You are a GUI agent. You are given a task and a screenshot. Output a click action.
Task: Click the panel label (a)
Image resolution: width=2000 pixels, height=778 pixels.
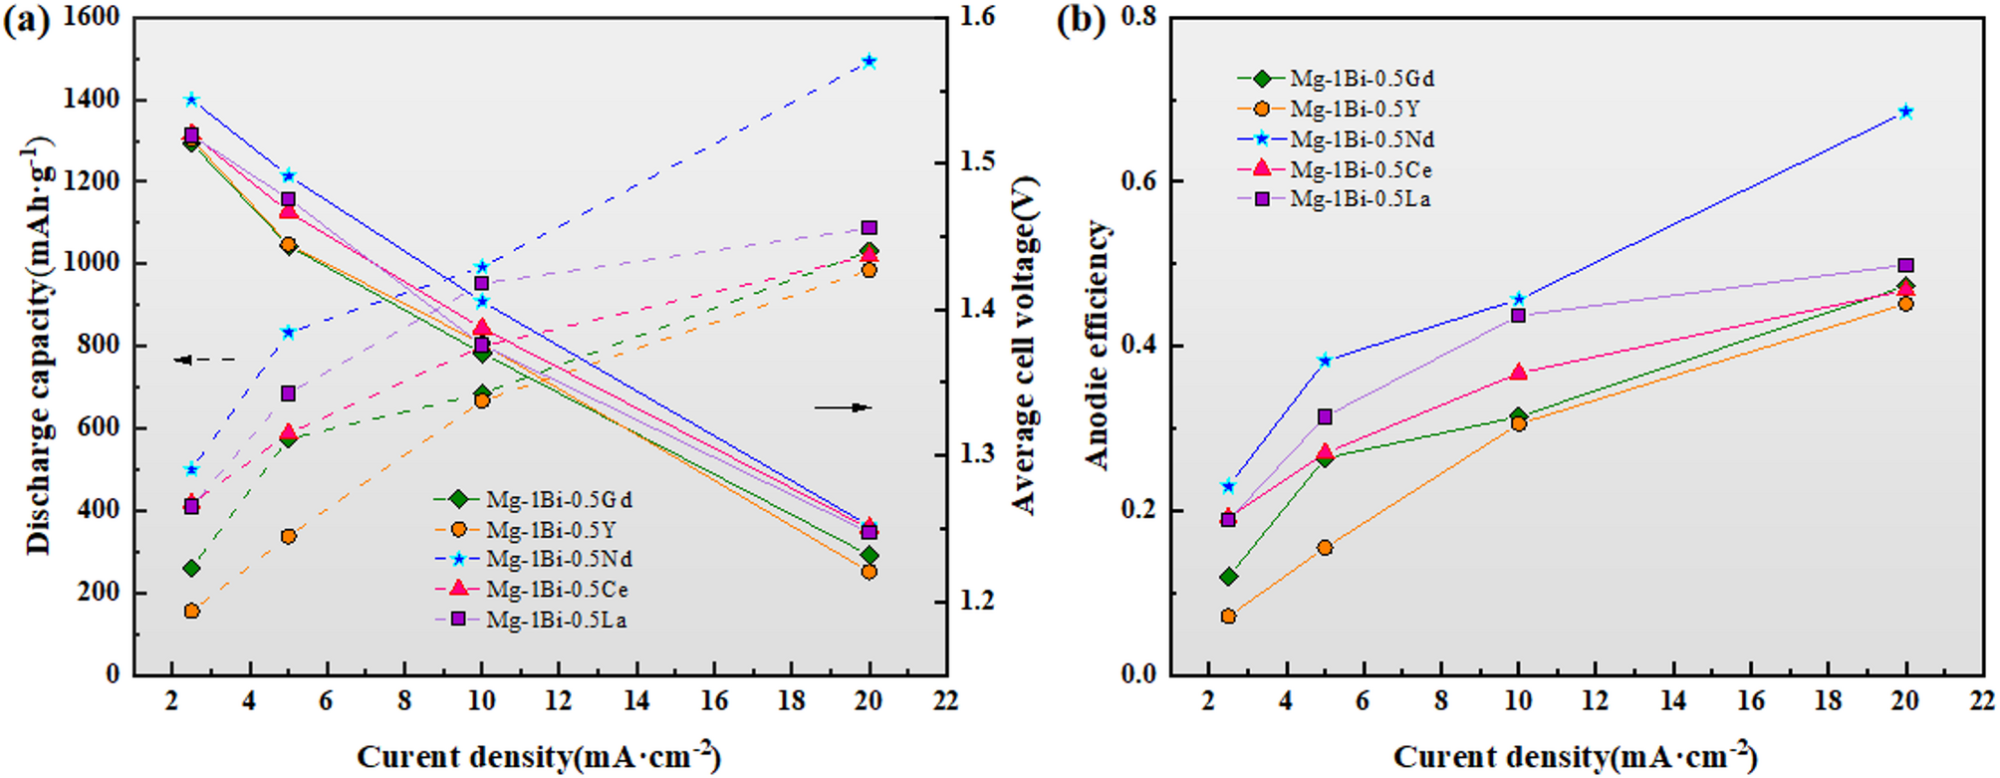(x=26, y=20)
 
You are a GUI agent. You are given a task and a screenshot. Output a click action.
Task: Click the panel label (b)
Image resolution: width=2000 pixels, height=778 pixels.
(x=1081, y=20)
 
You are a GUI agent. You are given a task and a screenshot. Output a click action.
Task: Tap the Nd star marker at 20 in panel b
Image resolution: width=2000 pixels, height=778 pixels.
(x=1904, y=112)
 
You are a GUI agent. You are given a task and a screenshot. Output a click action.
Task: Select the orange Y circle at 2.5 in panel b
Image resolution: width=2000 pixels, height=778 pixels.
(x=1228, y=617)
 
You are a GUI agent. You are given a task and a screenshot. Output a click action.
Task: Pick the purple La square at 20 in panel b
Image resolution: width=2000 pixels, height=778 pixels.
(x=1904, y=266)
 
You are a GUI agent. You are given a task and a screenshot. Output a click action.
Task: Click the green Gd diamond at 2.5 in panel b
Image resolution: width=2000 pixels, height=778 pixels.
(x=1228, y=577)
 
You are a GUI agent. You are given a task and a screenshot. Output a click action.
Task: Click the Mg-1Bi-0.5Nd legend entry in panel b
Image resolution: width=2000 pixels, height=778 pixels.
(x=1362, y=139)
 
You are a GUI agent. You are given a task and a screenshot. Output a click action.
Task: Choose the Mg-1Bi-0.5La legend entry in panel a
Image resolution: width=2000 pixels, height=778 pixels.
(x=556, y=620)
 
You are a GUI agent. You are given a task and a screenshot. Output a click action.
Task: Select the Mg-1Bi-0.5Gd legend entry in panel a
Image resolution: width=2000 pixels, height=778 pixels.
(x=559, y=499)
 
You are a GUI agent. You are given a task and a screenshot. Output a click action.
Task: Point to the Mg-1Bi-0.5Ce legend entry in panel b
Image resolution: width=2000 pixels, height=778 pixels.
(x=1361, y=169)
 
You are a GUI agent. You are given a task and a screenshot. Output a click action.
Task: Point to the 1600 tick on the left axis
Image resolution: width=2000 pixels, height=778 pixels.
(x=91, y=17)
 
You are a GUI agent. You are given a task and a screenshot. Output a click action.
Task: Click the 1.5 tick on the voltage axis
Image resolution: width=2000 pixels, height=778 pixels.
(x=976, y=161)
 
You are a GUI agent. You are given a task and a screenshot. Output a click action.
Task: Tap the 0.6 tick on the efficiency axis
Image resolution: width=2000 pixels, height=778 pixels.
(x=1140, y=181)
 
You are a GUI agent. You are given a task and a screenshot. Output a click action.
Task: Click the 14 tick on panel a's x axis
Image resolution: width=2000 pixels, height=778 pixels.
(x=636, y=701)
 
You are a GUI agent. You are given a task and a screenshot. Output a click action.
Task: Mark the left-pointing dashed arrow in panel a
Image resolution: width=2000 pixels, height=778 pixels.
(x=204, y=360)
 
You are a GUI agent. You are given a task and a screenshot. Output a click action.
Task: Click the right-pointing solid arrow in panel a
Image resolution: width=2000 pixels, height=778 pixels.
(x=843, y=407)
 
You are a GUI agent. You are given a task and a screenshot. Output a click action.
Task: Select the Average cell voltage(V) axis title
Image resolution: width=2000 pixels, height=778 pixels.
(x=1025, y=345)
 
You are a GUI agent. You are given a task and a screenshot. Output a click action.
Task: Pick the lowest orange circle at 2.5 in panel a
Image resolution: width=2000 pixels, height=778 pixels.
(x=191, y=611)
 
